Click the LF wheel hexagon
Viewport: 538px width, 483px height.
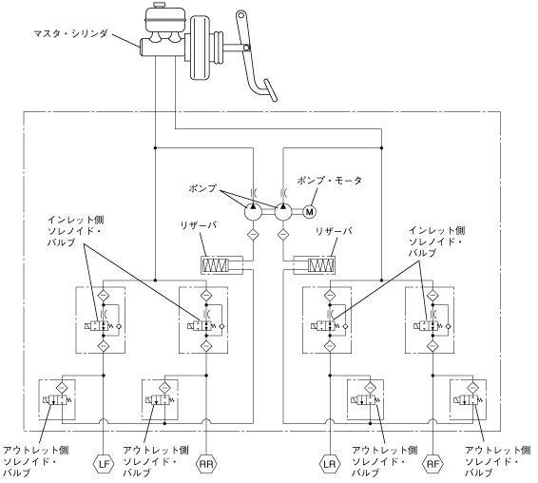(104, 464)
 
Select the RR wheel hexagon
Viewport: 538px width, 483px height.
(206, 464)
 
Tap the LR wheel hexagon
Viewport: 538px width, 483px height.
(330, 464)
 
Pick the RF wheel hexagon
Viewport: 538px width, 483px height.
(433, 464)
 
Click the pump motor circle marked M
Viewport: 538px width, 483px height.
(310, 212)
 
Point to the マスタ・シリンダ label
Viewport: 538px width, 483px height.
(71, 33)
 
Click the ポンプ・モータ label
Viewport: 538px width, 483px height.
(330, 181)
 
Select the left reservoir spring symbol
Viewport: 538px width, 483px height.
(216, 265)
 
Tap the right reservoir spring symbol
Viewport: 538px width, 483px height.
(321, 265)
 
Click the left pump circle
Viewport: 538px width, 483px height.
(253, 212)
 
